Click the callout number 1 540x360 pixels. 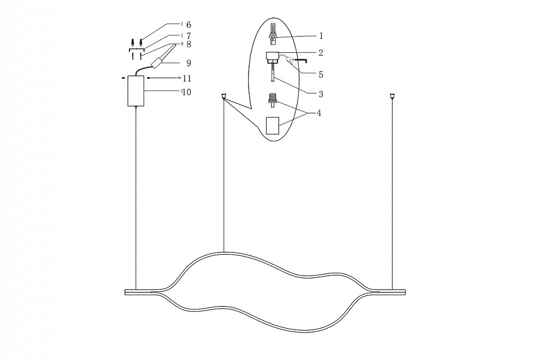(x=321, y=35)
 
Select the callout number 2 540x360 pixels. (x=321, y=53)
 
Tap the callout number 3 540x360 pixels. (x=321, y=94)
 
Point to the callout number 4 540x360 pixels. (x=319, y=113)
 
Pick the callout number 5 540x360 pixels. (x=321, y=74)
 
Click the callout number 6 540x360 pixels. (x=188, y=25)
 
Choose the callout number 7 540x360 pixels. (x=188, y=36)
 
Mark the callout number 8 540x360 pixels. (x=188, y=44)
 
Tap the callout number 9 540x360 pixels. (x=188, y=63)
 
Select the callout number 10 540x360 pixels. (x=186, y=92)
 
